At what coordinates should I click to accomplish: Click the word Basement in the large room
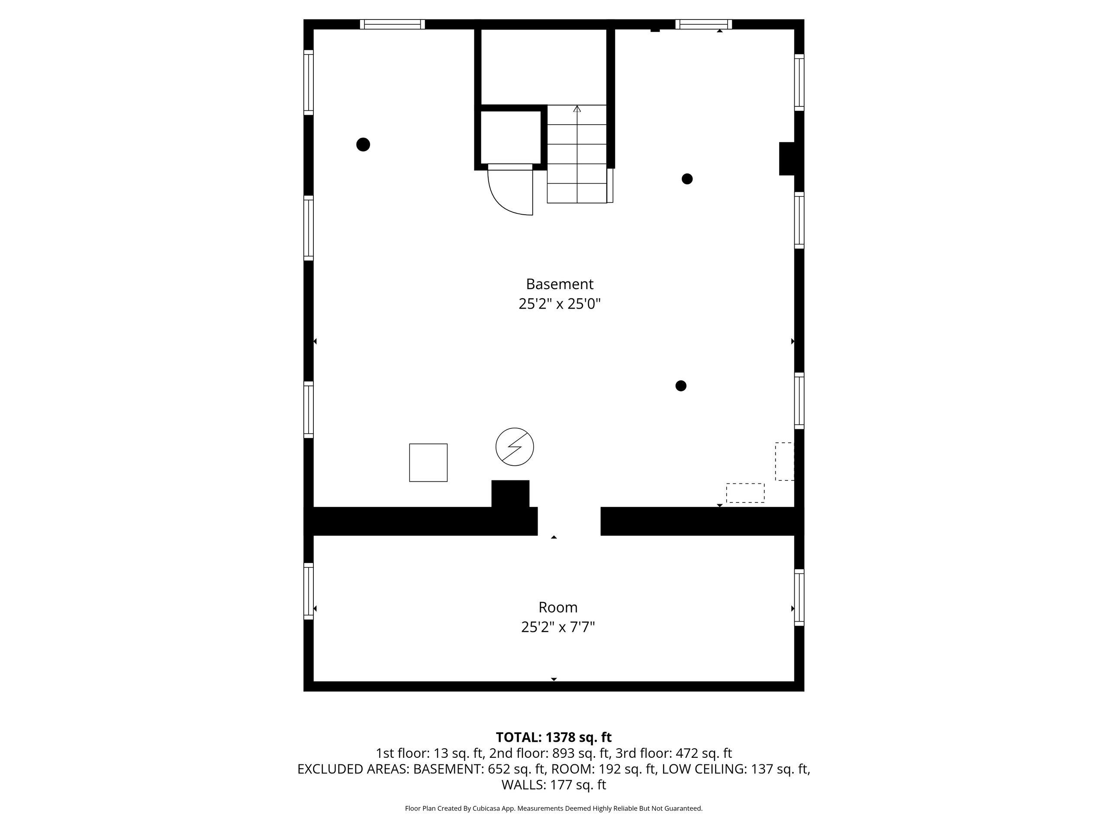pos(560,284)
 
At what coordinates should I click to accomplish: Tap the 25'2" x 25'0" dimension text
pos(560,304)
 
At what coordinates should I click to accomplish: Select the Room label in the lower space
pos(558,607)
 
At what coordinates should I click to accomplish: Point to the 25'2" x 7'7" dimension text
pos(558,627)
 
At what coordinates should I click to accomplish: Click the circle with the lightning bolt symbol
pos(515,447)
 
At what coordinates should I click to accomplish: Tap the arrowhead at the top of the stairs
pos(577,108)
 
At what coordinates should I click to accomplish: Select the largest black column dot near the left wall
pos(363,145)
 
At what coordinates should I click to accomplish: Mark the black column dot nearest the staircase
pos(687,179)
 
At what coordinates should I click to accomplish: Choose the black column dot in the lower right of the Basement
pos(681,386)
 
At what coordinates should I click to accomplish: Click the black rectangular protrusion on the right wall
pos(787,159)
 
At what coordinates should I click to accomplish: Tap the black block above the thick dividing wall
pos(510,494)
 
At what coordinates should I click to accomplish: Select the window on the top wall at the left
pos(392,24)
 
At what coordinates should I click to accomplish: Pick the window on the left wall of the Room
pos(309,591)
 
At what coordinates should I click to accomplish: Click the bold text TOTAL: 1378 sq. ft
pos(554,738)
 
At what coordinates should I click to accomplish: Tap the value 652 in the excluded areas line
pos(499,769)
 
